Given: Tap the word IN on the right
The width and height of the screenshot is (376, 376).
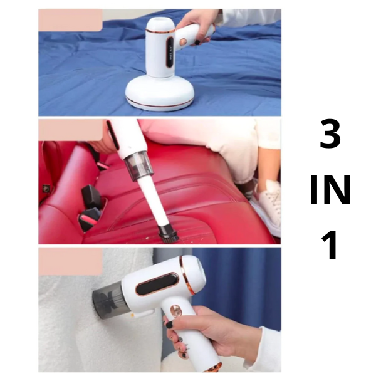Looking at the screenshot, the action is point(330,189).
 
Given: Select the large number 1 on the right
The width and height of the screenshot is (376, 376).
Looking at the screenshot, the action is point(330,245).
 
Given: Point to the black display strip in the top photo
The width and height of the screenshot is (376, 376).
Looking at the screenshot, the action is point(170,52).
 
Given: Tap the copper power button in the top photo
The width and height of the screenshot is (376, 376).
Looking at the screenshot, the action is point(183,43).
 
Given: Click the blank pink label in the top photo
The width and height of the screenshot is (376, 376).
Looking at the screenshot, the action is point(70,20).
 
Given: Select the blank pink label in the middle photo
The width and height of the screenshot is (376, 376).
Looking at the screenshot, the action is point(70,130).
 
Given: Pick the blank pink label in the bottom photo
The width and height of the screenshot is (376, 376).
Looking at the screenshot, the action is point(70,262).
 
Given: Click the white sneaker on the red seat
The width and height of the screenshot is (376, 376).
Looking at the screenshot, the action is point(267,207).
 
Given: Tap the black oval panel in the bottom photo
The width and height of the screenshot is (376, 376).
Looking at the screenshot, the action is point(157,284).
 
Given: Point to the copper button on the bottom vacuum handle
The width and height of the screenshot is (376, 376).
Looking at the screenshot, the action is point(175,311).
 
